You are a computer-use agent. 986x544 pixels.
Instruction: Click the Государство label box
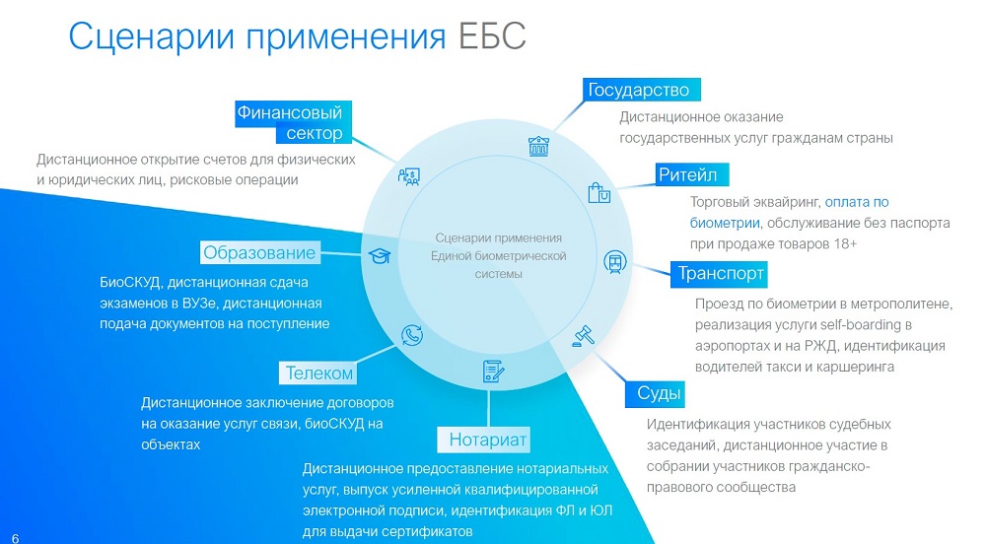[x=642, y=90]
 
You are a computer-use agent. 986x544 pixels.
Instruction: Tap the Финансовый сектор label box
[x=293, y=122]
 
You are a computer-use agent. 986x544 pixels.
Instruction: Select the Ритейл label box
[x=692, y=174]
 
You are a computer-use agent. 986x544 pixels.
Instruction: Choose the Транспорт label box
[x=719, y=274]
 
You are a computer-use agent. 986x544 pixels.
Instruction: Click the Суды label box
[x=656, y=393]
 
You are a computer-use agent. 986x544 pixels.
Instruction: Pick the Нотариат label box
[x=484, y=440]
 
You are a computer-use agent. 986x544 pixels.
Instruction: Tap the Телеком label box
[x=317, y=374]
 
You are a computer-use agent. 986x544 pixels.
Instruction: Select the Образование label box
[x=260, y=252]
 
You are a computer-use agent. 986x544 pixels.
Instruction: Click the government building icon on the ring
[x=538, y=147]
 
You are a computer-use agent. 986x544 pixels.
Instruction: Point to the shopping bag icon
[x=599, y=193]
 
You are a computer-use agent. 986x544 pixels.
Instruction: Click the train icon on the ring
[x=615, y=261]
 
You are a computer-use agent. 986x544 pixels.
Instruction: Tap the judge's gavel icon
[x=584, y=336]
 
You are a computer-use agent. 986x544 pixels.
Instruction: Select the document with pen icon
[x=493, y=372]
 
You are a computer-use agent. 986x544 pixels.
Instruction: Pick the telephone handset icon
[x=412, y=335]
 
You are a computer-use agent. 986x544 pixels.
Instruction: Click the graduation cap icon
[x=380, y=255]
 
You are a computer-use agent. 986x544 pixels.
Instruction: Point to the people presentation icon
[x=409, y=176]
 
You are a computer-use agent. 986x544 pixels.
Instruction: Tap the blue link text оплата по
[x=857, y=202]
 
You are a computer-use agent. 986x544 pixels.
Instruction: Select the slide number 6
[x=16, y=538]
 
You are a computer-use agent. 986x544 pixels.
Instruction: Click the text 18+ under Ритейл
[x=845, y=243]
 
